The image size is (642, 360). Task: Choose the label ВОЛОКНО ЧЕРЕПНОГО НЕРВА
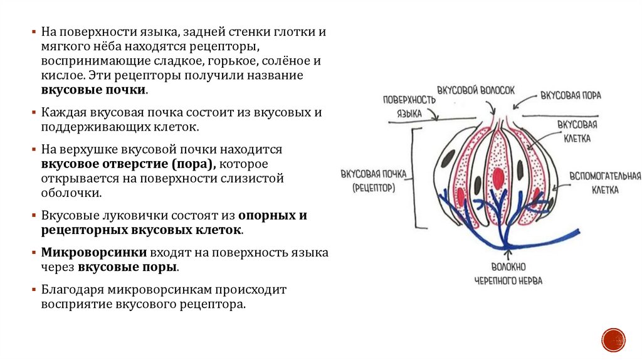(x=508, y=274)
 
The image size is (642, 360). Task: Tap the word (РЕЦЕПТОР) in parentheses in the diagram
(x=374, y=187)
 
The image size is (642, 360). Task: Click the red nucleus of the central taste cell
(x=500, y=177)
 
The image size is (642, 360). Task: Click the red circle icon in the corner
(x=613, y=339)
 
